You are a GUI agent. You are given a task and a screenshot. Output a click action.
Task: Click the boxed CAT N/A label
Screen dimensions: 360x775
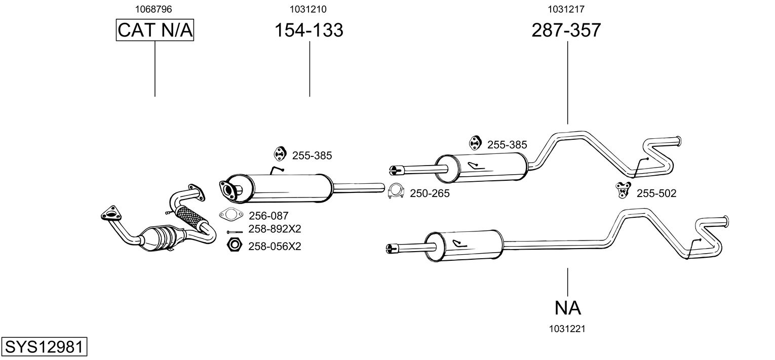[x=155, y=30]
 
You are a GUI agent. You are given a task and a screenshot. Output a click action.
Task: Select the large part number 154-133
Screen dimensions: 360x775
[x=308, y=30]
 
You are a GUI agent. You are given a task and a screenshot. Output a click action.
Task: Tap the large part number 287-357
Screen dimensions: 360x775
[x=566, y=30]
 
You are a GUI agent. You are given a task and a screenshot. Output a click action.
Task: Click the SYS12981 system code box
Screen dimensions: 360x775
[x=44, y=347]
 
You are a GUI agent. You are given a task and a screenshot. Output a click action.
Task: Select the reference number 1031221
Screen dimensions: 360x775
[x=567, y=329]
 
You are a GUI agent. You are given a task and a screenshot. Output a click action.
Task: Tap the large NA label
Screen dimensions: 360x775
[x=567, y=307]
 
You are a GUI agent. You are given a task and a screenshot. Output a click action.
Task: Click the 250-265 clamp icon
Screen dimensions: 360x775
[x=395, y=191]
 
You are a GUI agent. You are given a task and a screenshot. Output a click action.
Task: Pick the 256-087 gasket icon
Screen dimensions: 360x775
[x=230, y=215]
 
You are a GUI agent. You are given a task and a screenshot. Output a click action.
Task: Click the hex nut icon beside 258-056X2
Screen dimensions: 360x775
[x=234, y=245]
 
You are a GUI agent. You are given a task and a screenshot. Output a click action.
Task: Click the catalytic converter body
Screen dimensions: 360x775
[x=162, y=237]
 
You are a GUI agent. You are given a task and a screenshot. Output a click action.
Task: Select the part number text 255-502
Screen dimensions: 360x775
[x=656, y=193]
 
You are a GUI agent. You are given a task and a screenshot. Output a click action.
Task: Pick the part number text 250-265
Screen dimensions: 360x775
[x=430, y=193]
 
